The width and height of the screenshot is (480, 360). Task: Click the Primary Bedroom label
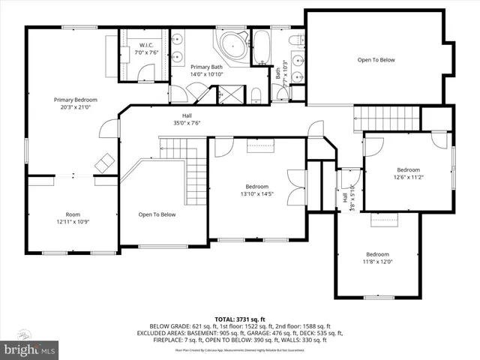click(75, 103)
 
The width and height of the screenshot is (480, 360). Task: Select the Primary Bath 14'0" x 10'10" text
click(206, 70)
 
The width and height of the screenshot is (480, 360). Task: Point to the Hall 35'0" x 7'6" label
click(182, 119)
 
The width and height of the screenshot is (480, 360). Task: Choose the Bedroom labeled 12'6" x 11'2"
click(408, 173)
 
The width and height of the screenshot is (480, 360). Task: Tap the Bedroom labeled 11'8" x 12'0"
click(378, 258)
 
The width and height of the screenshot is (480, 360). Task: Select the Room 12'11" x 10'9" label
click(72, 218)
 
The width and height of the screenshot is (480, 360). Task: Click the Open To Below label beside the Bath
click(376, 60)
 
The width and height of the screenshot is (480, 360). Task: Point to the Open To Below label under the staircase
click(157, 214)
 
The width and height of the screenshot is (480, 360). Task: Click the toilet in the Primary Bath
click(255, 93)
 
